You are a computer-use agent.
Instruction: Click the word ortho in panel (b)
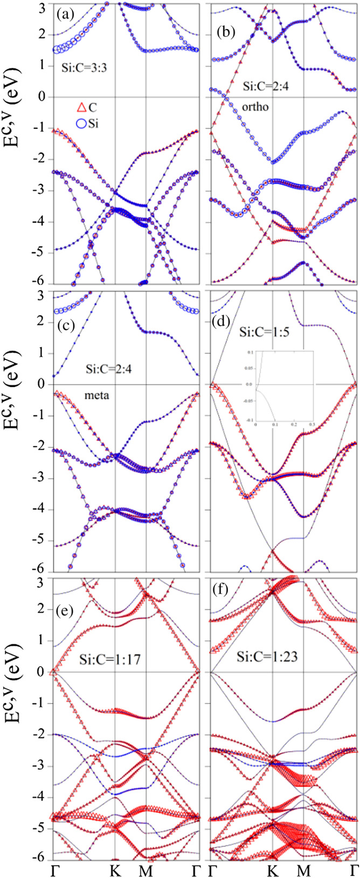point(241,107)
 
